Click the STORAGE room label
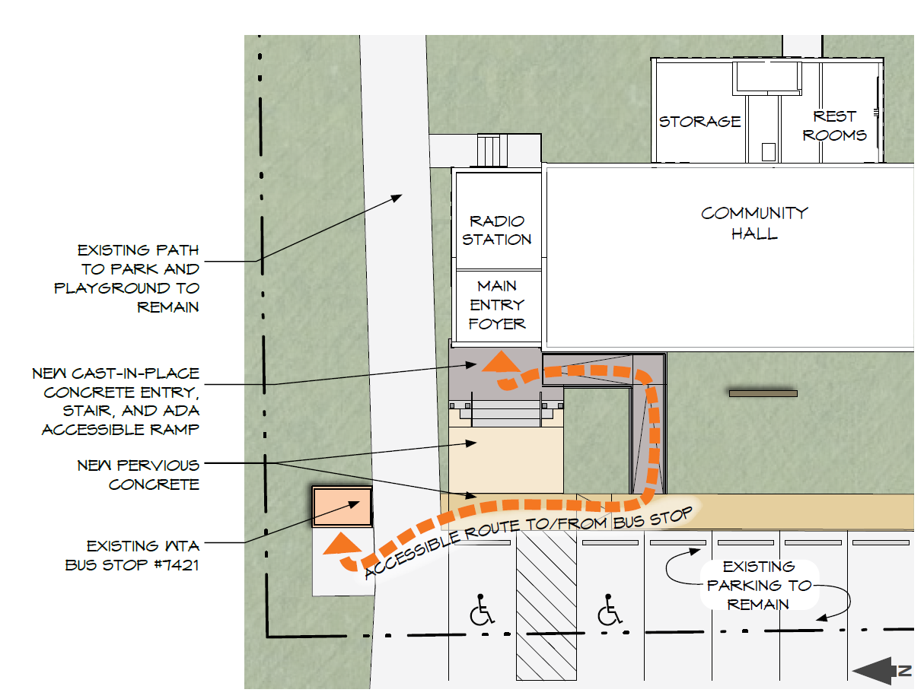pyautogui.click(x=699, y=122)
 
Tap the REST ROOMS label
pyautogui.click(x=834, y=126)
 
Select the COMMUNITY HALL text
pyautogui.click(x=754, y=223)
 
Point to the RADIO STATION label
pyautogui.click(x=497, y=230)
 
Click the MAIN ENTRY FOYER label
pyautogui.click(x=497, y=305)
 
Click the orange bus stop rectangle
pyautogui.click(x=343, y=507)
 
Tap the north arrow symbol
pyautogui.click(x=881, y=671)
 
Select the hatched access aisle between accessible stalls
pyautogui.click(x=546, y=605)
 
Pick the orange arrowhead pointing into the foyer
pyautogui.click(x=501, y=362)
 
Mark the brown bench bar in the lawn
pyautogui.click(x=763, y=394)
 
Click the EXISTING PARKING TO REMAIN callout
pyautogui.click(x=759, y=585)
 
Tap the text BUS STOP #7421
pyautogui.click(x=132, y=565)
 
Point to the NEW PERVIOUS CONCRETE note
pyautogui.click(x=138, y=475)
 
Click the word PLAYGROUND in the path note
pyautogui.click(x=112, y=288)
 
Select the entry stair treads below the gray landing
pyautogui.click(x=506, y=410)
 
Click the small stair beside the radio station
pyautogui.click(x=492, y=151)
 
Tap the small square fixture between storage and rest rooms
pyautogui.click(x=768, y=152)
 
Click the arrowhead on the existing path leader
pyautogui.click(x=397, y=198)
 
